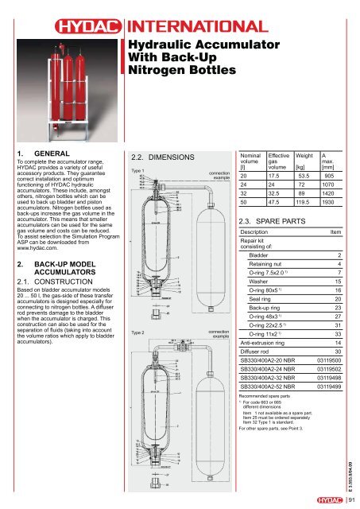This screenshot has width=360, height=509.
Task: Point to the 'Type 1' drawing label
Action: coord(137,170)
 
